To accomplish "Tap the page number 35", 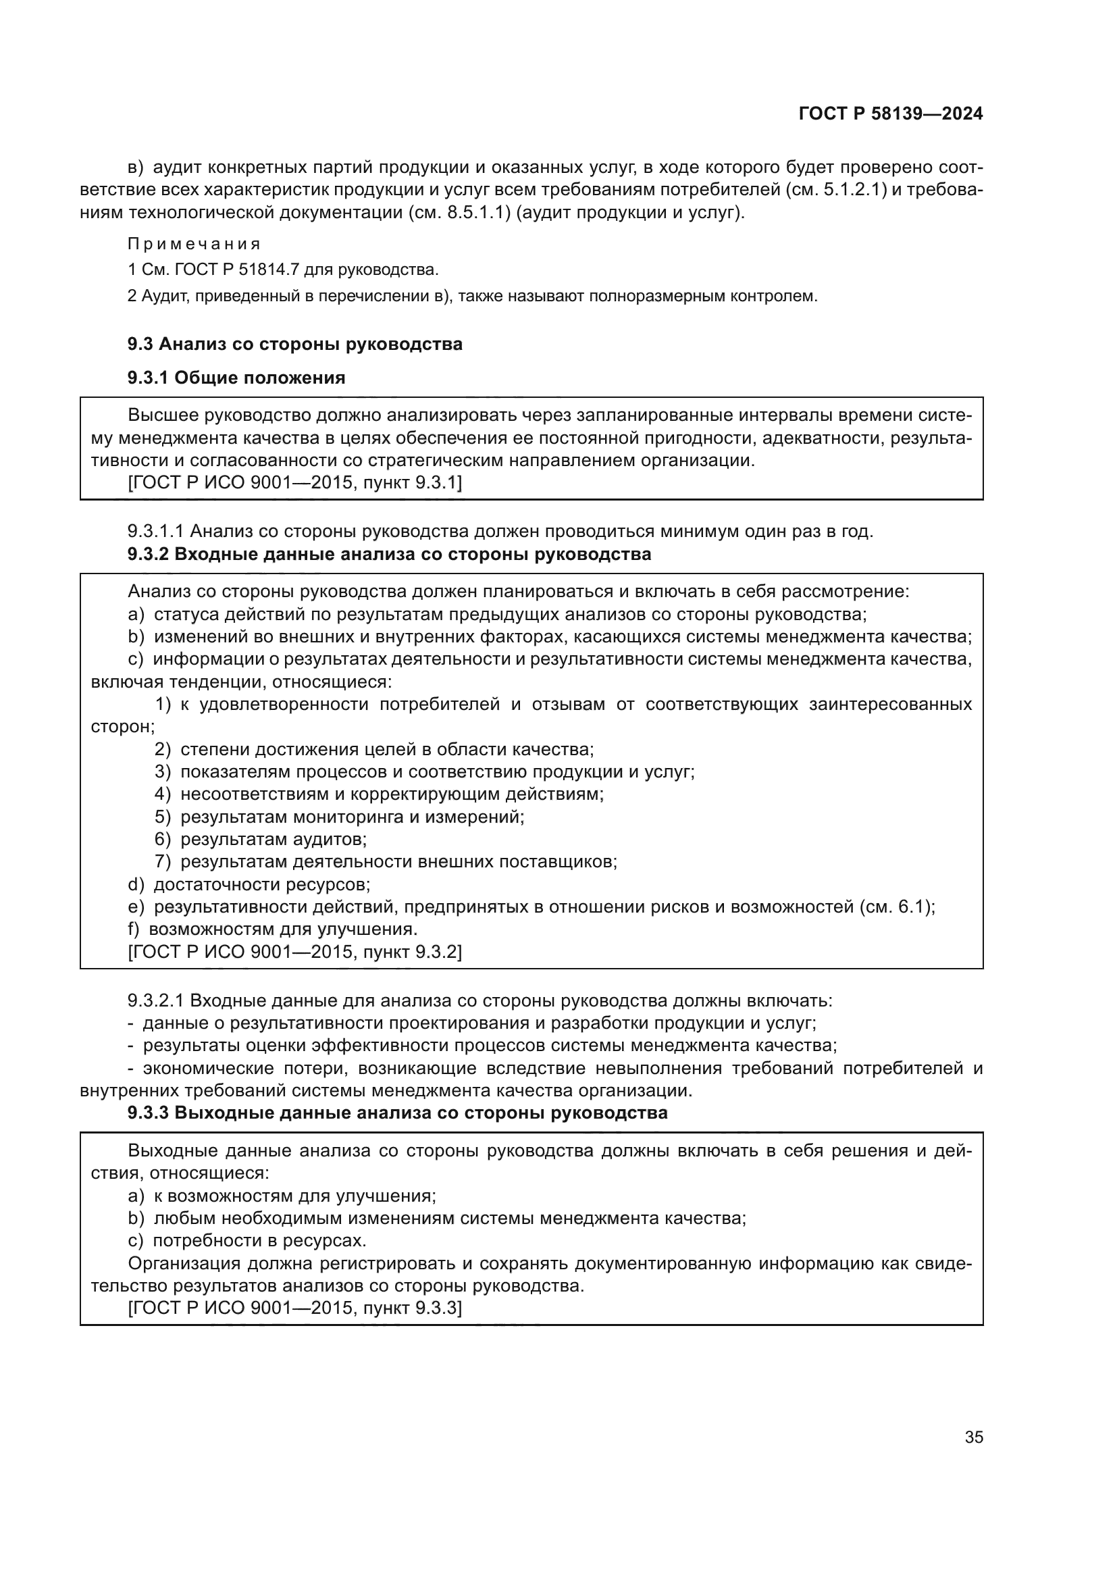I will tap(973, 1437).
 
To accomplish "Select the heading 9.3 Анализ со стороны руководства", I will tap(294, 344).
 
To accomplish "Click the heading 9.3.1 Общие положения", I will tap(236, 378).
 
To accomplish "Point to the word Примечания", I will tap(194, 245).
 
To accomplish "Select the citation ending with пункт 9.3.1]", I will tap(295, 483).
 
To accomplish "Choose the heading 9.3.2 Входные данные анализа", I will tap(388, 554).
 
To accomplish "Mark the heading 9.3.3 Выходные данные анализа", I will tap(397, 1113).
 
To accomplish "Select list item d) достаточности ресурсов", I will tap(249, 884).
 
